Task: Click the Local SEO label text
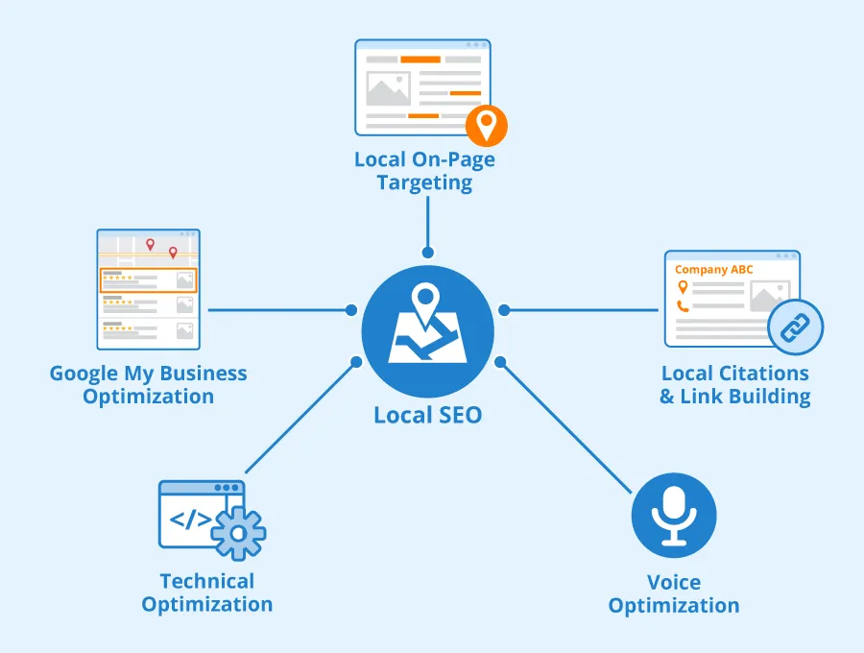(x=428, y=416)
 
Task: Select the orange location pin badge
(x=486, y=125)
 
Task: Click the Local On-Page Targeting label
(x=424, y=171)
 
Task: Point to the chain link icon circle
(x=795, y=327)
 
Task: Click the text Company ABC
(x=713, y=270)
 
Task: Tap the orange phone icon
(x=684, y=306)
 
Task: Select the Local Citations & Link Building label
(x=734, y=384)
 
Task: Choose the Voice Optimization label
(x=674, y=593)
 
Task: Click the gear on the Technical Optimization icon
(x=237, y=530)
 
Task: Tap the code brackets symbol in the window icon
(x=190, y=520)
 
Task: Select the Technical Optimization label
(x=206, y=593)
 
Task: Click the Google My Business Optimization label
(x=149, y=384)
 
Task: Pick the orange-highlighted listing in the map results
(x=149, y=279)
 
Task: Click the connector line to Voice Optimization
(x=566, y=423)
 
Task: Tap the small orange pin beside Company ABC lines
(x=683, y=287)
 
